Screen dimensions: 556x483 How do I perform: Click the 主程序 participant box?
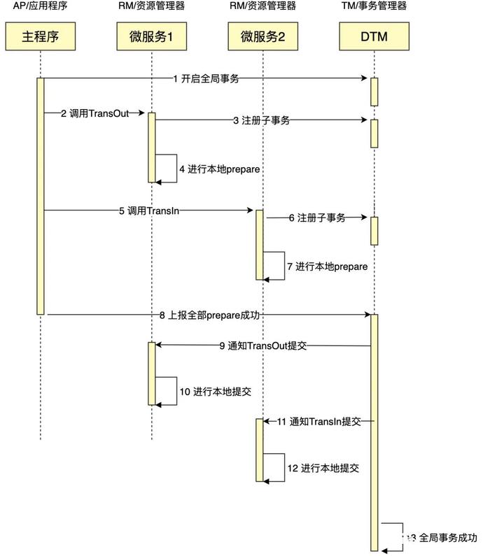40,36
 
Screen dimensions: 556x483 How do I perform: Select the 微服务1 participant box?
151,36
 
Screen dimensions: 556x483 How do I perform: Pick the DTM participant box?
374,36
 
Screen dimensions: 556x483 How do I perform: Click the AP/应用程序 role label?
40,6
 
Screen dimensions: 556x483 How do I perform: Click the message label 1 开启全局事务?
206,78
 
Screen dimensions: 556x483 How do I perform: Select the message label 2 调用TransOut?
95,113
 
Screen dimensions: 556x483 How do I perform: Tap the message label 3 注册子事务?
261,120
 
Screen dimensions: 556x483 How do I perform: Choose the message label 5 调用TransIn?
148,210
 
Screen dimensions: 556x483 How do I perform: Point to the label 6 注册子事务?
317,218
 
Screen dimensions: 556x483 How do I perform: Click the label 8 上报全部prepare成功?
209,315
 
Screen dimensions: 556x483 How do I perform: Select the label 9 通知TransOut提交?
263,345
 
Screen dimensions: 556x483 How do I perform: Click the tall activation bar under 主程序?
40,196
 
